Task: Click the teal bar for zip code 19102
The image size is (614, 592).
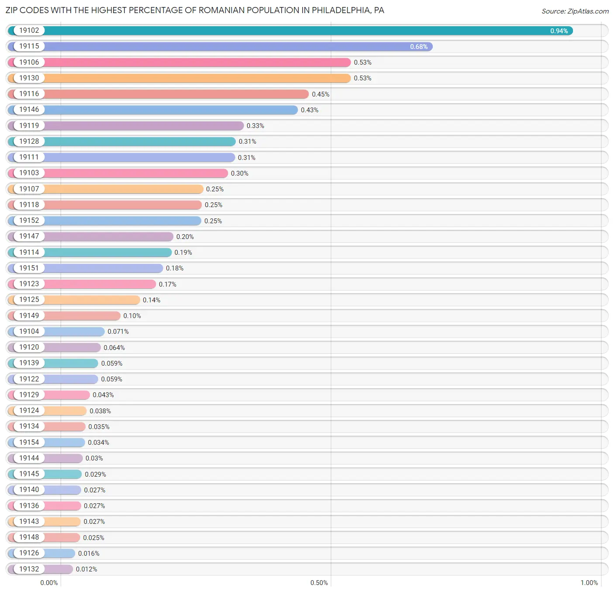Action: pos(290,31)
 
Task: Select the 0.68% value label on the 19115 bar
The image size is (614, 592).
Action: pos(419,47)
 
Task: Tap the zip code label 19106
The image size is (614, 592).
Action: pos(29,62)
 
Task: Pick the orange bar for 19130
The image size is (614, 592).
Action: pos(179,78)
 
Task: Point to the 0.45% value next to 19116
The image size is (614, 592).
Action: pos(321,94)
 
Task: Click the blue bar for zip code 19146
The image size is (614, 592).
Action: pos(153,110)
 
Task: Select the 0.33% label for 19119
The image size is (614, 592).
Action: pos(255,126)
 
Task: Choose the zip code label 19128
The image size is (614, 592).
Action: pos(29,141)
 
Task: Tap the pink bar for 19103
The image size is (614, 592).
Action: pos(117,173)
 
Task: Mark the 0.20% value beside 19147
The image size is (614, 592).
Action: pos(185,236)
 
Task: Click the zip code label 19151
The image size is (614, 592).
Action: pos(29,268)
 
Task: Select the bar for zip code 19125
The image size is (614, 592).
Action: pos(74,300)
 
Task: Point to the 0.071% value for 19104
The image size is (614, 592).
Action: pos(118,332)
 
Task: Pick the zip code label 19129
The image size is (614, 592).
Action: pos(29,395)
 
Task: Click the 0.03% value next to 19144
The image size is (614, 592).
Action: pos(94,458)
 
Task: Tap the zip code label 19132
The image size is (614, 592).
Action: pos(29,569)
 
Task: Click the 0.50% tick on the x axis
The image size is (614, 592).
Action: pos(319,583)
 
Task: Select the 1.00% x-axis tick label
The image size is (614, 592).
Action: pos(589,583)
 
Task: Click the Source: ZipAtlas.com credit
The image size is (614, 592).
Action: pos(575,11)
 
